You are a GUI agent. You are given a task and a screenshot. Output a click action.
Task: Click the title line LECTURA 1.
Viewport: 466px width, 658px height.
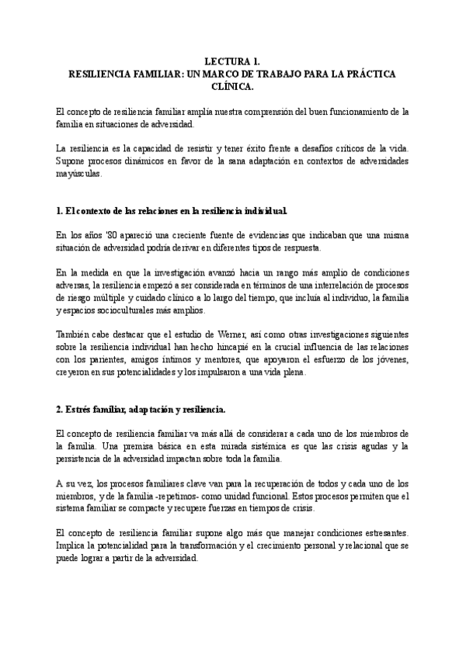click(x=233, y=60)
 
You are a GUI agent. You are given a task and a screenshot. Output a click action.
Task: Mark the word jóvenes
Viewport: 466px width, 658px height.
click(x=391, y=359)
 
